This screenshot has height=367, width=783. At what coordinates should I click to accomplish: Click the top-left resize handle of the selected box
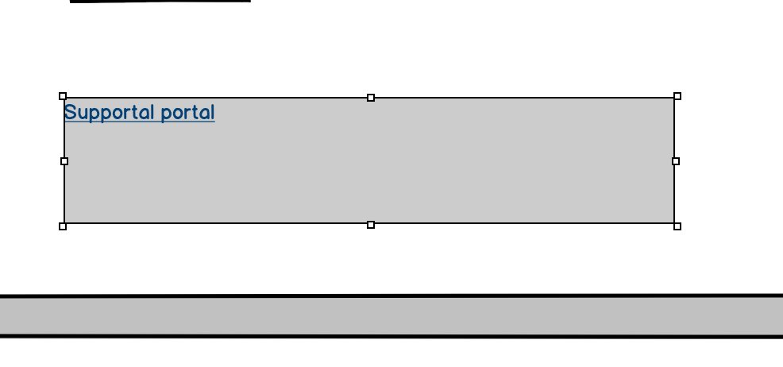tap(63, 96)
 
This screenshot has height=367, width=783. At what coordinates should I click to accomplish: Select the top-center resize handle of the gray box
tap(371, 98)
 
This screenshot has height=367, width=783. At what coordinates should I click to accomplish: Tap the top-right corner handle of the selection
tap(677, 96)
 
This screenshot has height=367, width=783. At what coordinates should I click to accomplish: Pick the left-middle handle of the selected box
tap(64, 161)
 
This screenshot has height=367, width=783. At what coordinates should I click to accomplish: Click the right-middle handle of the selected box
tap(676, 161)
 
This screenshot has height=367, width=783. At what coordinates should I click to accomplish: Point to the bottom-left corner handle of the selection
tap(63, 226)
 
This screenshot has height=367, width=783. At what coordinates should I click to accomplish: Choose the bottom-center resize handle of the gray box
tap(371, 225)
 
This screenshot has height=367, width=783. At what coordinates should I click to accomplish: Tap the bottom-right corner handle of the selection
tap(677, 226)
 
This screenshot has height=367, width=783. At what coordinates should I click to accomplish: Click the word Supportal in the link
tap(109, 113)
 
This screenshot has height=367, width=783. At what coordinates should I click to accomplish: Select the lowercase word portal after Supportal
tap(187, 113)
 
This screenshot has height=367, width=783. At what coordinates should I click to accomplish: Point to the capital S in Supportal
tap(70, 112)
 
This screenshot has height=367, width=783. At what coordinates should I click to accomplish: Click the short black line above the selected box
tap(160, 1)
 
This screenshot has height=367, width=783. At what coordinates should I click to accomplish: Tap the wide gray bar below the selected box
tap(391, 316)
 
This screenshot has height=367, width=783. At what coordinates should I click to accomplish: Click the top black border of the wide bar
tap(391, 296)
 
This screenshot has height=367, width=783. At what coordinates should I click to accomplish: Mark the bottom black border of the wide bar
tap(391, 336)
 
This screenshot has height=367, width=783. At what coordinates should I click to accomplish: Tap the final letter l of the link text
tap(212, 112)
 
